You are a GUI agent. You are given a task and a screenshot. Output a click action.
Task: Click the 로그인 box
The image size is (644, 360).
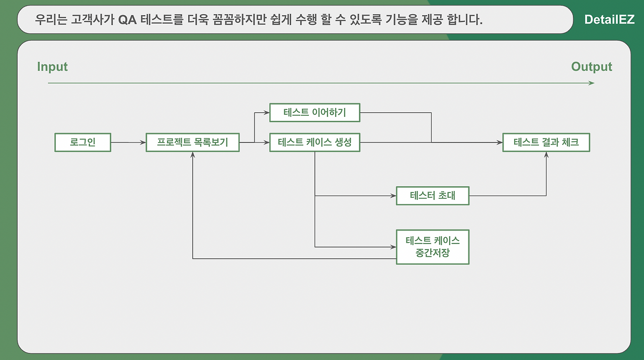[x=83, y=142]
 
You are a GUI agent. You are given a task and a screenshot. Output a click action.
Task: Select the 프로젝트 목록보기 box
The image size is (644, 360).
[x=192, y=142]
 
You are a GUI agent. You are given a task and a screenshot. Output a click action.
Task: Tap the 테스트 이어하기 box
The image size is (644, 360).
[x=315, y=112]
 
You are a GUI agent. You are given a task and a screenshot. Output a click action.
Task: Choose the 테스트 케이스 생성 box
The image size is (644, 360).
[x=315, y=142]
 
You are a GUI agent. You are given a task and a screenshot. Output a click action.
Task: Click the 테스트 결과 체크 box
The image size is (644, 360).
[x=546, y=142]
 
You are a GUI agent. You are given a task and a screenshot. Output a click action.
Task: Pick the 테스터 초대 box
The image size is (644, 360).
[x=432, y=195]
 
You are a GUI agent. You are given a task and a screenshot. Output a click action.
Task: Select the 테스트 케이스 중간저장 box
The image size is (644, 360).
[x=432, y=247]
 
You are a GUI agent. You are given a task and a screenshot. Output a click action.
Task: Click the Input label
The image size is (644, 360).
[x=52, y=67]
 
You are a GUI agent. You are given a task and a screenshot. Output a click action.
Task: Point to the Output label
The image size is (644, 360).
[x=591, y=67]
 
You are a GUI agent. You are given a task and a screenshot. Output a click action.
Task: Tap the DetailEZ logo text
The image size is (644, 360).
[x=609, y=20]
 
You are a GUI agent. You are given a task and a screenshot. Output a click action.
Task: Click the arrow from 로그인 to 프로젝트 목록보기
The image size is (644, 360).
[x=128, y=142]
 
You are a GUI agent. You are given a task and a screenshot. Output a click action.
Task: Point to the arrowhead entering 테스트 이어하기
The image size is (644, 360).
[x=267, y=112]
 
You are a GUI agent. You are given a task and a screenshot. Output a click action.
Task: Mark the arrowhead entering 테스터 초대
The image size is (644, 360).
[x=393, y=195]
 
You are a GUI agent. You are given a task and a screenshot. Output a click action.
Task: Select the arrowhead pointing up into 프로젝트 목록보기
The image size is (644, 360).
[x=193, y=155]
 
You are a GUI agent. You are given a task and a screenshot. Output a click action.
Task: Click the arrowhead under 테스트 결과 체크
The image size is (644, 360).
[x=546, y=155]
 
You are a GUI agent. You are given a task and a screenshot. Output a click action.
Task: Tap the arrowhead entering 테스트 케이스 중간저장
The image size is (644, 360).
[x=393, y=247]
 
